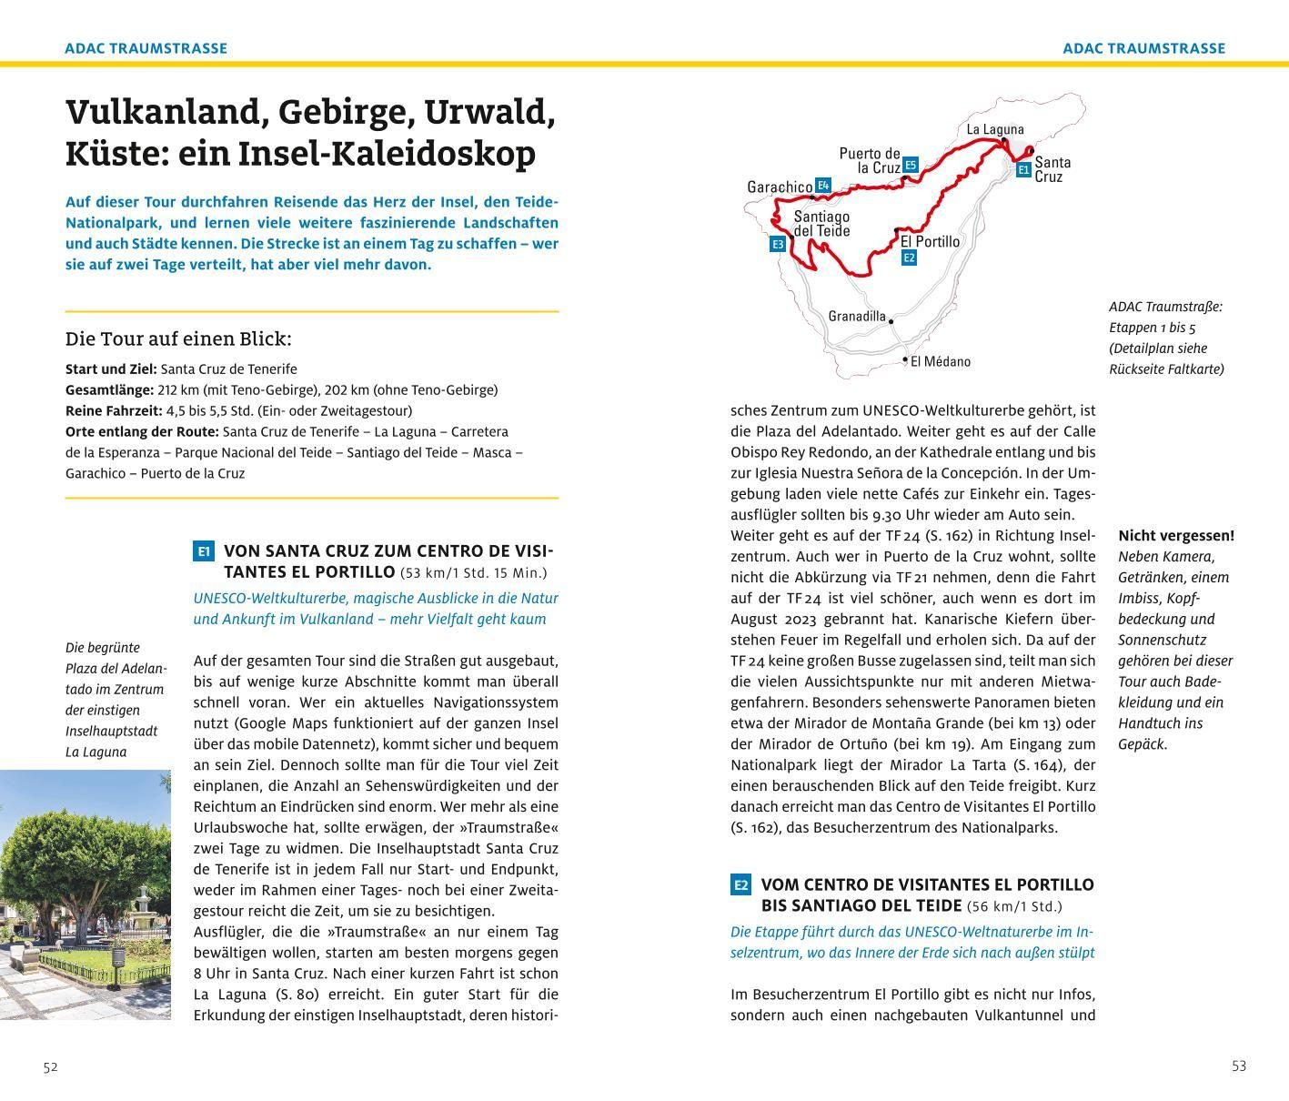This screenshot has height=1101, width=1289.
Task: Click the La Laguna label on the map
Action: click(994, 129)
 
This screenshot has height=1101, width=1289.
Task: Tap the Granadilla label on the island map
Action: click(856, 317)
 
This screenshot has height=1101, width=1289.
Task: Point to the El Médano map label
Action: click(940, 361)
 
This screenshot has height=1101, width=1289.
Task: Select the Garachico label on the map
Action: click(779, 187)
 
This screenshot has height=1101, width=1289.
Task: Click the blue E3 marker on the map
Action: click(777, 244)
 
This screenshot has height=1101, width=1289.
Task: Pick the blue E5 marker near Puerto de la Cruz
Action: click(911, 165)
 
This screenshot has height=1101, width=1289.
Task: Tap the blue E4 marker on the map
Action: click(823, 186)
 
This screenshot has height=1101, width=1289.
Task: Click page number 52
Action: click(50, 1067)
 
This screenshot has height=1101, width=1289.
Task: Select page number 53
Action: click(1238, 1066)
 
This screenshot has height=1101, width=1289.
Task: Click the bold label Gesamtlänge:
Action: click(109, 389)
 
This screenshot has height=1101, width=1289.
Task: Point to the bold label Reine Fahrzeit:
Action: click(114, 410)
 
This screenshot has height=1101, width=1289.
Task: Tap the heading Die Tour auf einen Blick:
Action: click(178, 339)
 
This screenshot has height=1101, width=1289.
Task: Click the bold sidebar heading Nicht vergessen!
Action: click(1175, 535)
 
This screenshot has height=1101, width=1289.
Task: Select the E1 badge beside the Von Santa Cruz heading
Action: click(204, 551)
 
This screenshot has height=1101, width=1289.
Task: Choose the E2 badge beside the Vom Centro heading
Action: click(740, 884)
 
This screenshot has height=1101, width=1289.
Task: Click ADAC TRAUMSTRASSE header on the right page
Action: click(1143, 48)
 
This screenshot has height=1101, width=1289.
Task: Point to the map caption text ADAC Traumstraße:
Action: click(1165, 307)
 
